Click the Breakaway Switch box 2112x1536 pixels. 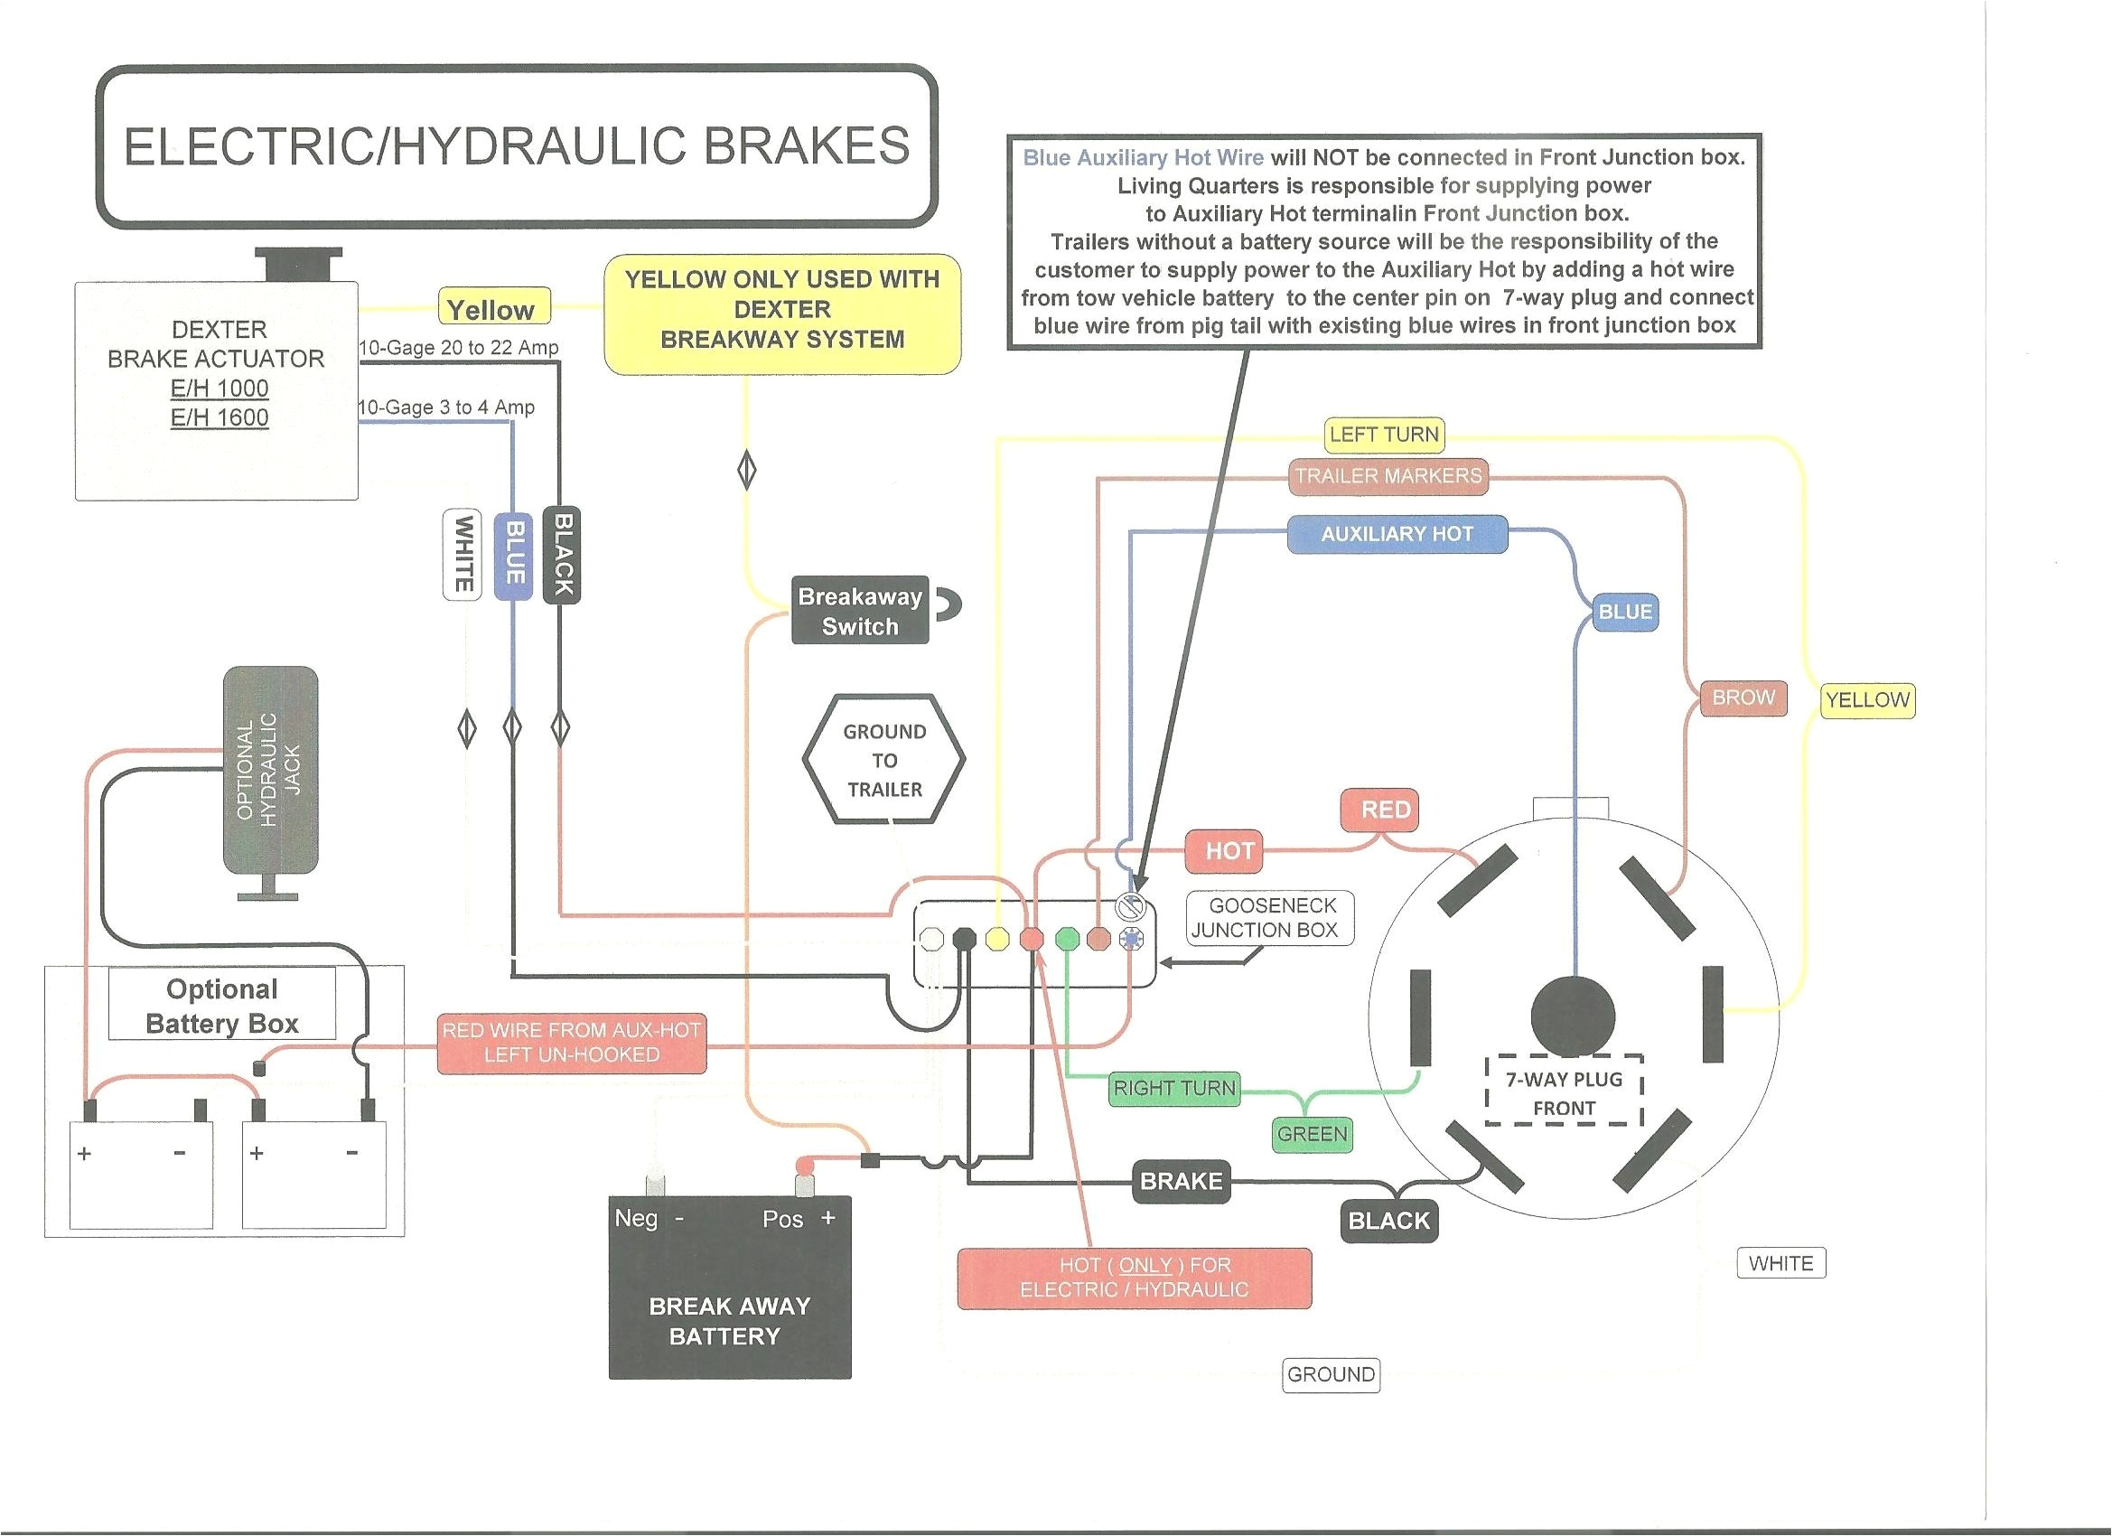859,611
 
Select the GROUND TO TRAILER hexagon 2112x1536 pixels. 883,759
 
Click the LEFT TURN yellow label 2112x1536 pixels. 1384,434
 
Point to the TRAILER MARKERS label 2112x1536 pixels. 1388,476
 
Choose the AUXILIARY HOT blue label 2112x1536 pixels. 1396,534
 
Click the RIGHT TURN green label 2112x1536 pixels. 1173,1087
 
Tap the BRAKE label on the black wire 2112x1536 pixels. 1181,1181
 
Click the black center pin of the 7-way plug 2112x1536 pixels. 1573,1016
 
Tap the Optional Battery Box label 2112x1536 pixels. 221,1006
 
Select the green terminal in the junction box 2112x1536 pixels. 1067,939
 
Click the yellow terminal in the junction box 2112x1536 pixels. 996,939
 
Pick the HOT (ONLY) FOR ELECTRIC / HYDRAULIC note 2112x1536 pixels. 1135,1277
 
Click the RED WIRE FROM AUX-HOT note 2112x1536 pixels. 571,1043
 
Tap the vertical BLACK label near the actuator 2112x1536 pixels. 563,555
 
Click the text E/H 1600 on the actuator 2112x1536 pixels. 219,417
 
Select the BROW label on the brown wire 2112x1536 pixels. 1743,698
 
